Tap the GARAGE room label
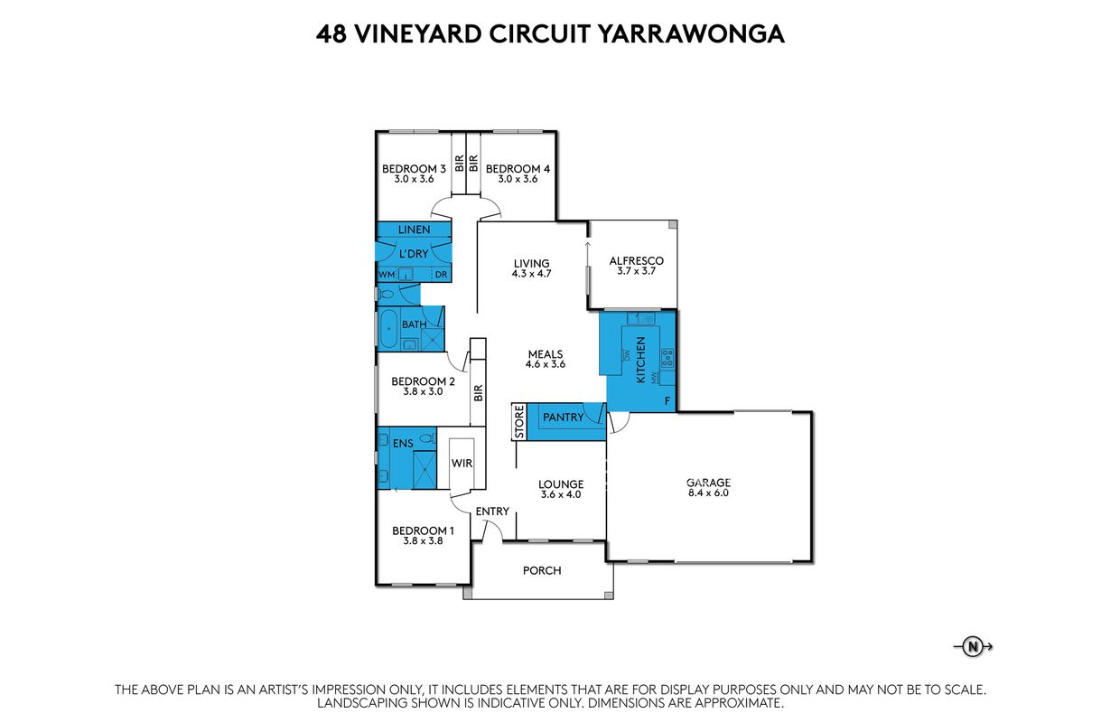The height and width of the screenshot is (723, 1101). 708,482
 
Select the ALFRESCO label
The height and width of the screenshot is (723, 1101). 636,260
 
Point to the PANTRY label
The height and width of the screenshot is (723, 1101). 564,417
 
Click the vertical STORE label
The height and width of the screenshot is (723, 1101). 519,421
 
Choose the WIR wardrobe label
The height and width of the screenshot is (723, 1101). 462,463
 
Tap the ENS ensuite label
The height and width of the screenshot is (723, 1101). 403,443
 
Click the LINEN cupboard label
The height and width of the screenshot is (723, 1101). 414,230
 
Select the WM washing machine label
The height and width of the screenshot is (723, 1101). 387,275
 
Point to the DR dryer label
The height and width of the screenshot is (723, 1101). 441,275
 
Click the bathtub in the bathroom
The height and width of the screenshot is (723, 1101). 388,329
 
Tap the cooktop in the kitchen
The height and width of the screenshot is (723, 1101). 667,358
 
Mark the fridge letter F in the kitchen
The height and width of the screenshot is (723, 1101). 667,401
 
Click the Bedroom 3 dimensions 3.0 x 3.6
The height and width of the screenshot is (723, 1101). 414,179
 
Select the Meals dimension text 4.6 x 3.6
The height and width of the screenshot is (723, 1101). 546,364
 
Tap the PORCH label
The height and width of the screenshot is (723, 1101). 542,570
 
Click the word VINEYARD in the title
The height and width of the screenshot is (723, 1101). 418,34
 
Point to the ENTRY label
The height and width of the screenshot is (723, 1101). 492,512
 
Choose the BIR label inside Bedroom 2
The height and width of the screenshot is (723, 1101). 479,392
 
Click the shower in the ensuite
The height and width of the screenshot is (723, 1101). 425,470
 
